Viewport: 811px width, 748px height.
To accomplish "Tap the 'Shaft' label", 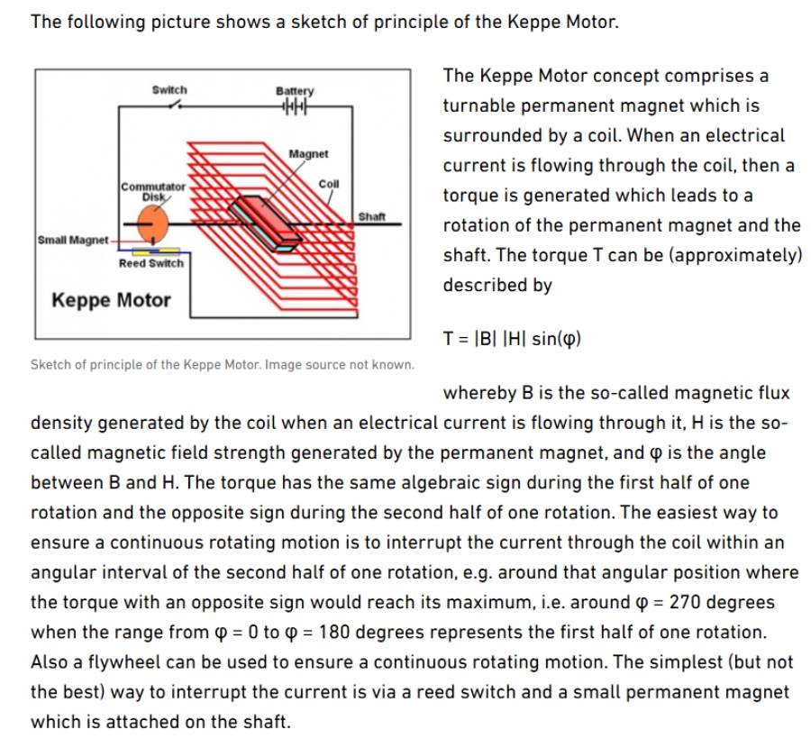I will click(x=372, y=215).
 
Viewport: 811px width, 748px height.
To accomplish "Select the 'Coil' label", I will click(x=328, y=183).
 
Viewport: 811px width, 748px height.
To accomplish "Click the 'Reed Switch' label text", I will click(x=150, y=263).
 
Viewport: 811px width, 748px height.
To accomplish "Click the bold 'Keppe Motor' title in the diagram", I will click(x=111, y=300).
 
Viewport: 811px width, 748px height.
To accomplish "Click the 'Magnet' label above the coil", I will click(x=308, y=154).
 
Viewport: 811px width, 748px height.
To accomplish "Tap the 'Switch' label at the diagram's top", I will click(x=169, y=89).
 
